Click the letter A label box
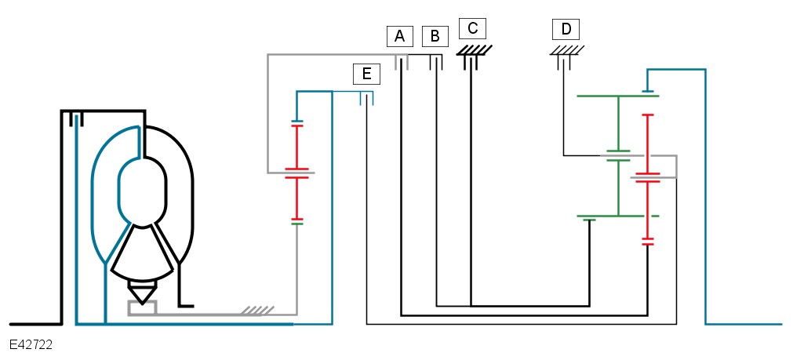(x=398, y=36)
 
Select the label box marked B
(x=435, y=36)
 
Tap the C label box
(x=472, y=29)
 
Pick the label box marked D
(x=566, y=30)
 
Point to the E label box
(x=366, y=74)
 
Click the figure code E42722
(x=31, y=344)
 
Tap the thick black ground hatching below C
(x=475, y=50)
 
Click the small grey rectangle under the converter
(x=142, y=307)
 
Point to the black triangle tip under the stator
(x=142, y=296)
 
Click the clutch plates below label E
(x=366, y=98)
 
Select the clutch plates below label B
(x=435, y=62)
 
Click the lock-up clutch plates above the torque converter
(x=76, y=118)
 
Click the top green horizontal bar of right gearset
(x=617, y=96)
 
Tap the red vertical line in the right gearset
(x=647, y=144)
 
